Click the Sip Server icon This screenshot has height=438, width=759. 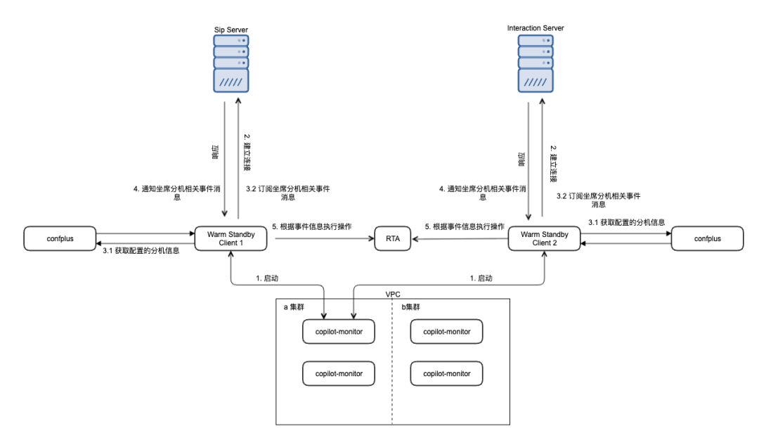pyautogui.click(x=231, y=63)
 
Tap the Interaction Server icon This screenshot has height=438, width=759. pyautogui.click(x=536, y=63)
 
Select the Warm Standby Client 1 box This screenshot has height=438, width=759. pyautogui.click(x=231, y=238)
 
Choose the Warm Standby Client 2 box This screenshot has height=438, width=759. pyautogui.click(x=544, y=238)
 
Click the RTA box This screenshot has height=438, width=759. pyautogui.click(x=393, y=238)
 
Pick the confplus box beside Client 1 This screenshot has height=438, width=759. pyautogui.click(x=60, y=238)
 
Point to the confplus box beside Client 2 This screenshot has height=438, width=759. pyautogui.click(x=707, y=238)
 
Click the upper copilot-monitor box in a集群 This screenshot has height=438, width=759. pyautogui.click(x=339, y=332)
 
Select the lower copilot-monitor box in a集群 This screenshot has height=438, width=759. pyautogui.click(x=339, y=373)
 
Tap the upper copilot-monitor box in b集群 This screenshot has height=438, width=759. pyautogui.click(x=447, y=332)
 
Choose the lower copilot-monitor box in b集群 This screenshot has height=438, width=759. pyautogui.click(x=447, y=373)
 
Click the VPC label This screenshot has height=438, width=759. pyautogui.click(x=393, y=295)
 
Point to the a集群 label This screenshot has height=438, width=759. pyautogui.click(x=294, y=307)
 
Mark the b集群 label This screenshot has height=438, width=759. pyautogui.click(x=411, y=307)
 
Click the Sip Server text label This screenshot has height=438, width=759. pyautogui.click(x=231, y=30)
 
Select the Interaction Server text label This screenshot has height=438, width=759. pyautogui.click(x=536, y=28)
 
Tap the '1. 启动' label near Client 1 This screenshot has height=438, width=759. pyautogui.click(x=267, y=278)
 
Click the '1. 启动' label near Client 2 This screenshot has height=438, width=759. pyautogui.click(x=481, y=278)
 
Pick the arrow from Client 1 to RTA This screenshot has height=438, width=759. pyautogui.click(x=325, y=238)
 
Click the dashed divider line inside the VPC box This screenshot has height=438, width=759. pyautogui.click(x=392, y=362)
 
